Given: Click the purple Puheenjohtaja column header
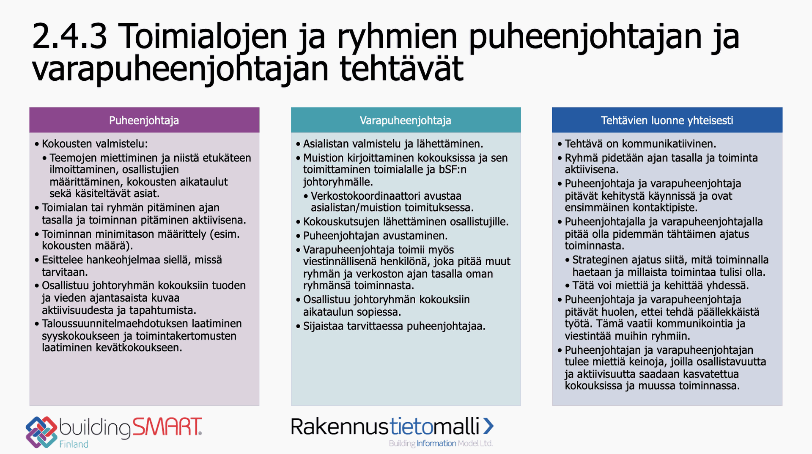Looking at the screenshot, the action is (144, 120).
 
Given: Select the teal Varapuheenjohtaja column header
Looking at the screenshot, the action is (406, 120).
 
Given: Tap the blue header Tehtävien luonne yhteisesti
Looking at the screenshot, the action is (667, 120).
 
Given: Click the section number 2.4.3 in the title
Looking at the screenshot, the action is (69, 36).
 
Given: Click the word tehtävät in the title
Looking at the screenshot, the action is (401, 69).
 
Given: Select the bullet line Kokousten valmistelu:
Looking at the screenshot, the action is (95, 144).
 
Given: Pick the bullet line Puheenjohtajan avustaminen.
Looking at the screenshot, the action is (375, 236).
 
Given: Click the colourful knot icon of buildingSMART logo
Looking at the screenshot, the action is (41, 432).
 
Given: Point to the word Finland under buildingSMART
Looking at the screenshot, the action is (74, 444).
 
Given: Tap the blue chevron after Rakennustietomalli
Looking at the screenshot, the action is (488, 426).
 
